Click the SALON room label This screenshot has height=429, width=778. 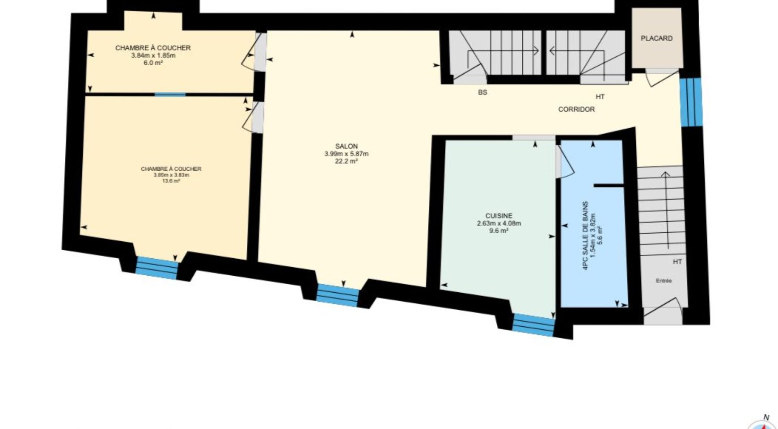coord(346,146)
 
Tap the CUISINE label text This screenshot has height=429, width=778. coord(499,216)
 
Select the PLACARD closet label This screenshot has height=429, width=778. coord(656,38)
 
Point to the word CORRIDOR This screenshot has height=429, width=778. coord(576,109)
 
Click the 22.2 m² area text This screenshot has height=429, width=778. coord(346,161)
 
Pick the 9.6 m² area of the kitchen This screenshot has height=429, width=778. coord(499,231)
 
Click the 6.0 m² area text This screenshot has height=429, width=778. coord(153,63)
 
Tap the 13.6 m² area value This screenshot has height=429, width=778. coord(171,181)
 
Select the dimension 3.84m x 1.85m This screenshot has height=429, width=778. coord(153,55)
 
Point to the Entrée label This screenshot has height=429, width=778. coord(664,281)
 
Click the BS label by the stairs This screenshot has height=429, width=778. coord(482,93)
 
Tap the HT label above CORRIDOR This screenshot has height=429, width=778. coord(600,97)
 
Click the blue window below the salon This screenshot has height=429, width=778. coord(338,295)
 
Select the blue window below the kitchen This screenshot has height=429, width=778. coord(533,325)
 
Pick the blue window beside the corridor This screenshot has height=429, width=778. coord(691,102)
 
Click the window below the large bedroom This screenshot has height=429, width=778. coord(156,268)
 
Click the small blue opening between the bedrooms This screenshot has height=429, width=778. coord(170,94)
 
